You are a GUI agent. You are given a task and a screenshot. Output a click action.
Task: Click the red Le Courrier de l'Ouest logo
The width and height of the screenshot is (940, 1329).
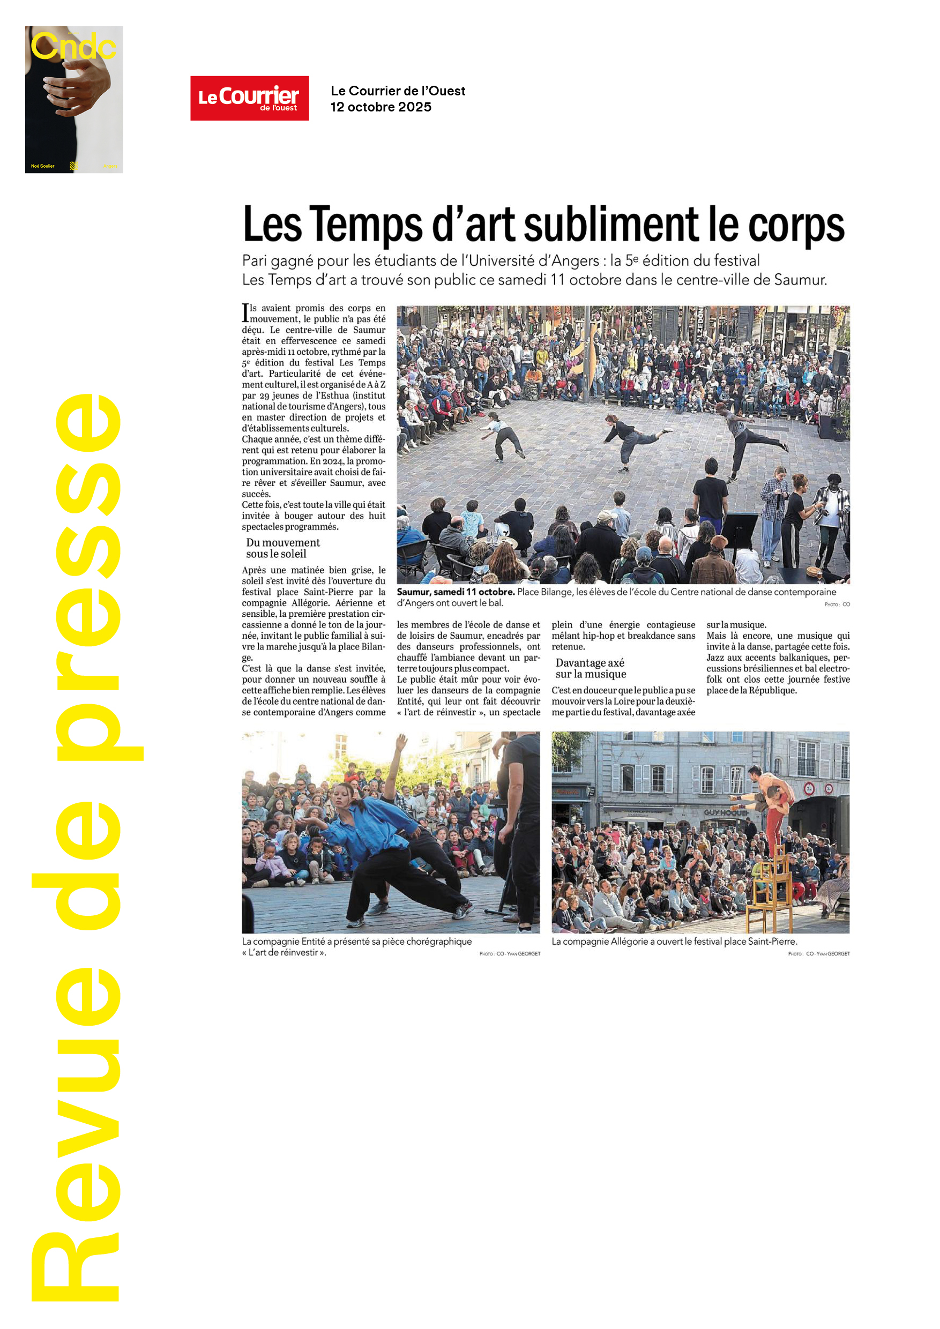click(250, 98)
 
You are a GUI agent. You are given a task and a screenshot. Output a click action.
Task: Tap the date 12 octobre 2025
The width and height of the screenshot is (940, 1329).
click(381, 107)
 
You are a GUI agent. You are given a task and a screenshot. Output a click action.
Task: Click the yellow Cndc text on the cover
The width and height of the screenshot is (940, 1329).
click(73, 47)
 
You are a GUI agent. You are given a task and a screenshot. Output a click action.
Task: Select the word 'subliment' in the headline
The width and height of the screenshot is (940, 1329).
click(611, 225)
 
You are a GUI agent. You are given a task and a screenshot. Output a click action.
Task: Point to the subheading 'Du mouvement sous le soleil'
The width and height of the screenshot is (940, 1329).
click(282, 548)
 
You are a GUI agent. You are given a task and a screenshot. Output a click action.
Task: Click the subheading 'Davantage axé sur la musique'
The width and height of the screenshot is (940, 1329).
click(591, 668)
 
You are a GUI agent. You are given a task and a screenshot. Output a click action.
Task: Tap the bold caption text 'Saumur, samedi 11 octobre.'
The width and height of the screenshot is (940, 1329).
click(456, 592)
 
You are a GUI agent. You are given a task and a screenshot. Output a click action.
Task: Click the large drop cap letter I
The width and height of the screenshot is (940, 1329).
click(245, 312)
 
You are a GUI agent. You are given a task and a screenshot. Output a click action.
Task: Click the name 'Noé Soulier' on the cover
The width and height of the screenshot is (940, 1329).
click(43, 166)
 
